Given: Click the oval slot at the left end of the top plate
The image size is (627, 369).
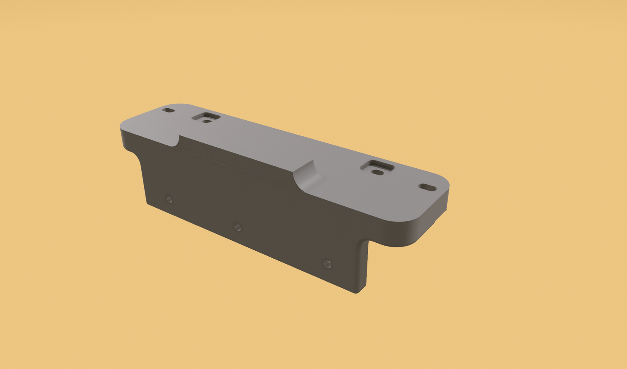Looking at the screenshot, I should point(168,110).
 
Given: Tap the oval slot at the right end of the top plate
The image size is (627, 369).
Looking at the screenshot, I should point(427,187).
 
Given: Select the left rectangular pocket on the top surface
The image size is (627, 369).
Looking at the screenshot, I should point(206,117).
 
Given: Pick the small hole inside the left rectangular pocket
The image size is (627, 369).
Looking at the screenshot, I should point(206,121).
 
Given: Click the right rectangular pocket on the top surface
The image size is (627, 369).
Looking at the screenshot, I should point(377,167).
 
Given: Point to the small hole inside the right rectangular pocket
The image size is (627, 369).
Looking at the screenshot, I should point(377,172).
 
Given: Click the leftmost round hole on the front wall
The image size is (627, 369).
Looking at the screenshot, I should point(169,199).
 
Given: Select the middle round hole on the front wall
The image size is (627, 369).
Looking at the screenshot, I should point(237,227).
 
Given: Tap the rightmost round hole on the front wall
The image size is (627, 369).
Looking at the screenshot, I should point(327,264).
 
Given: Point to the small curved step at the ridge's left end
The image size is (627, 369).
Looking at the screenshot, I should point(176,141).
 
